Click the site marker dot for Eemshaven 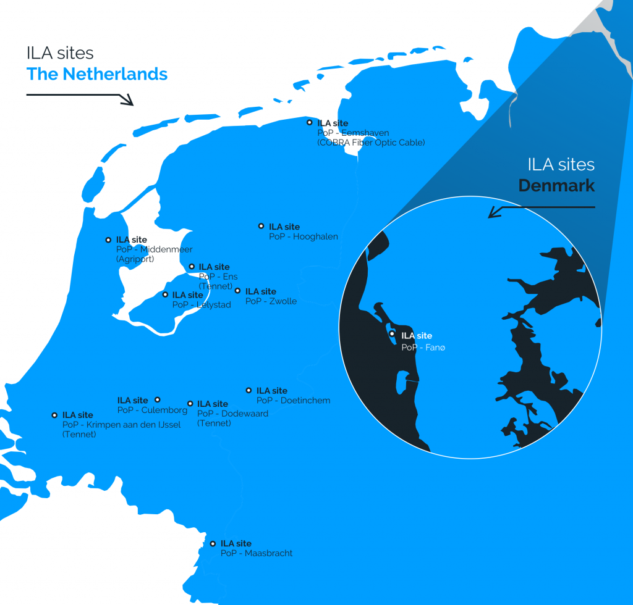pyautogui.click(x=310, y=123)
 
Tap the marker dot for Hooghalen pyautogui.click(x=261, y=227)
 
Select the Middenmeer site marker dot pyautogui.click(x=109, y=240)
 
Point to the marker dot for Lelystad pyautogui.click(x=165, y=294)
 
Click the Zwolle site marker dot pyautogui.click(x=237, y=291)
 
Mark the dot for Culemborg pyautogui.click(x=157, y=400)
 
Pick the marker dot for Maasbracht pyautogui.click(x=213, y=544)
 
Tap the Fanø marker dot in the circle pyautogui.click(x=392, y=334)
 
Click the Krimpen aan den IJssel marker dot pyautogui.click(x=54, y=415)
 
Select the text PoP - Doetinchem pyautogui.click(x=293, y=401)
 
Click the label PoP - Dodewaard pyautogui.click(x=232, y=414)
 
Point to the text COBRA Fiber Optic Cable pyautogui.click(x=371, y=143)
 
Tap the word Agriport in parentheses pyautogui.click(x=135, y=259)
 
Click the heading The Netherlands pyautogui.click(x=97, y=74)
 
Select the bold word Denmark pyautogui.click(x=556, y=185)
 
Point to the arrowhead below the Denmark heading pyautogui.click(x=493, y=213)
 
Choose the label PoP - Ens pyautogui.click(x=218, y=277)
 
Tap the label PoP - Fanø pyautogui.click(x=423, y=348)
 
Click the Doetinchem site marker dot pyautogui.click(x=249, y=390)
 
